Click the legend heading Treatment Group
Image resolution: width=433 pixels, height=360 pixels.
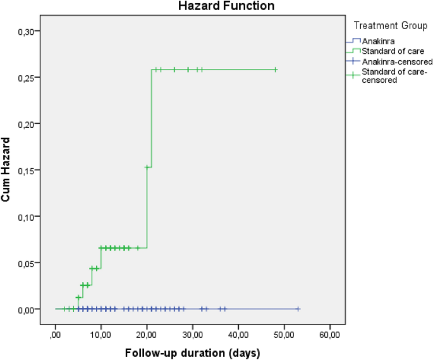click(x=390, y=25)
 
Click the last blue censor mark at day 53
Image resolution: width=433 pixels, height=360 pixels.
click(x=298, y=309)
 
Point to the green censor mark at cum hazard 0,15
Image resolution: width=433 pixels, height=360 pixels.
click(x=147, y=167)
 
